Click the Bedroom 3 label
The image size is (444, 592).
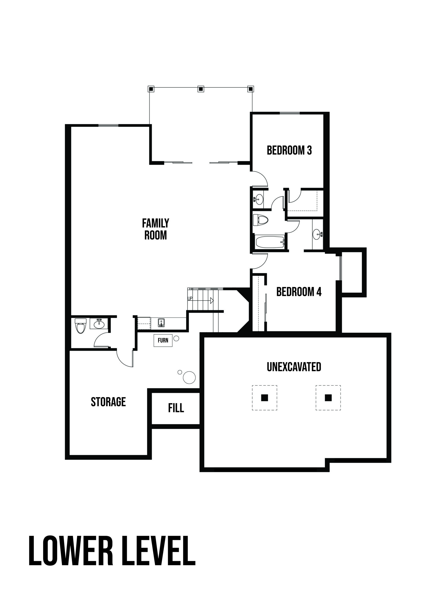tap(289, 150)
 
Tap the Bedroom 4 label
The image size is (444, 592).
tap(299, 292)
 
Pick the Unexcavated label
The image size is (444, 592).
tap(294, 367)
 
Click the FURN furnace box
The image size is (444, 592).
tap(163, 341)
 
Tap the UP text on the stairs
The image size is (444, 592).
tap(190, 298)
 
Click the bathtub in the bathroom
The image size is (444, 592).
tap(269, 242)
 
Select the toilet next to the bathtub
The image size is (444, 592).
tap(260, 220)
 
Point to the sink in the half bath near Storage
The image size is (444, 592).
tap(99, 324)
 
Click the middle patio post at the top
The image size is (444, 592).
tap(201, 89)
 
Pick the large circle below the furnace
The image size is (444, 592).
tap(189, 377)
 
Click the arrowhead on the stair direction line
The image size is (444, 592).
tap(212, 300)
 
